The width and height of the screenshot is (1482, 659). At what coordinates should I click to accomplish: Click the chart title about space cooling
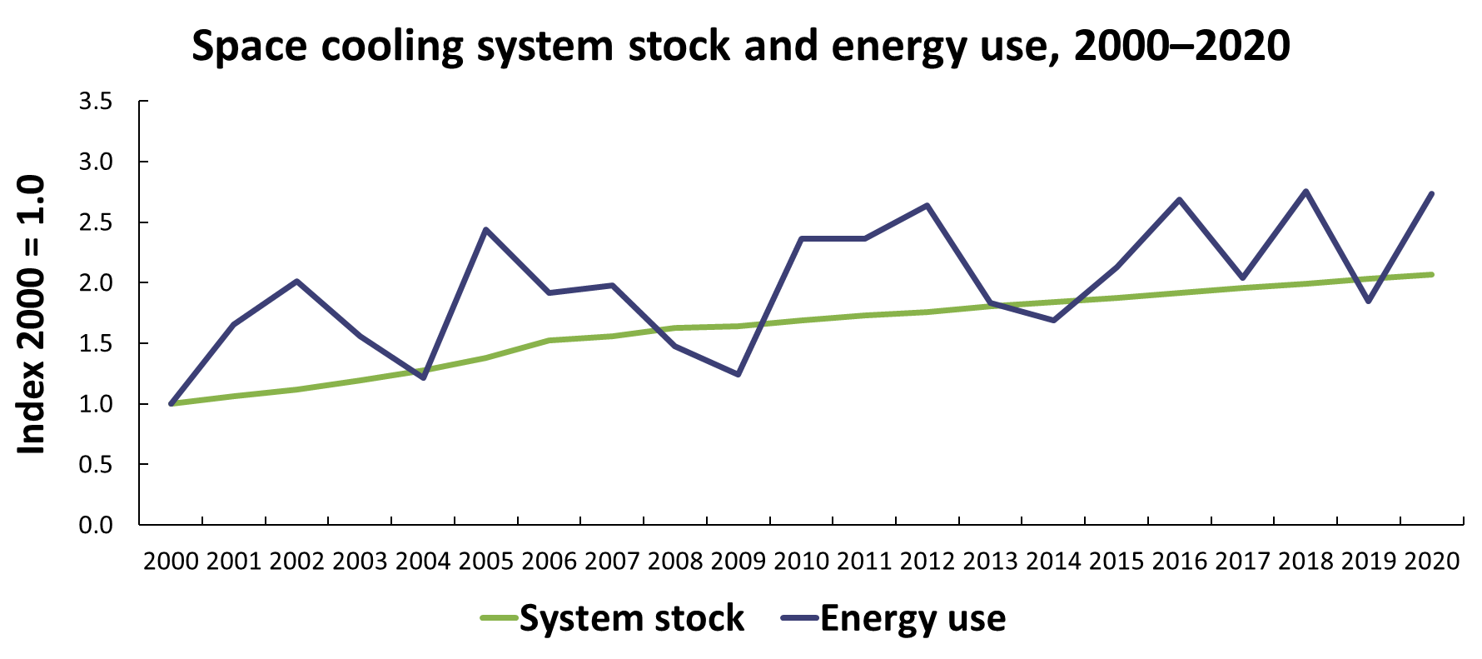coord(741,46)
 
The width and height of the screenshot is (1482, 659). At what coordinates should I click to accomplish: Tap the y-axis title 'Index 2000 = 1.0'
coord(32,315)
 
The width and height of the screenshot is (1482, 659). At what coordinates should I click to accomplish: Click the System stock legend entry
coord(613,618)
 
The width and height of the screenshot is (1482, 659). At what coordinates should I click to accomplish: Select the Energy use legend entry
coord(893,618)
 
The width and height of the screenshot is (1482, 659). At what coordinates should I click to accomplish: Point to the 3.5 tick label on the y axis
coord(95,102)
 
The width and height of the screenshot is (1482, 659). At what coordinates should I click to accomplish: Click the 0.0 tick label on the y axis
coord(95,525)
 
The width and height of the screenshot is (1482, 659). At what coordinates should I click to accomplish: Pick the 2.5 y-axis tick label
coord(95,222)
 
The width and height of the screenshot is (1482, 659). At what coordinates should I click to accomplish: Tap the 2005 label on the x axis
coord(486,561)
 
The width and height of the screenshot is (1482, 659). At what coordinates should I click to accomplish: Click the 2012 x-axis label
coord(927,561)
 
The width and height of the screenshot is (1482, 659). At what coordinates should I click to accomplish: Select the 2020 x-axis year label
coord(1432,561)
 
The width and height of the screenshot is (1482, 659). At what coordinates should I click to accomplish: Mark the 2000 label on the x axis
coord(171,561)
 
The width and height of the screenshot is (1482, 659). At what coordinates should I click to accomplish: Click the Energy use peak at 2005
coord(485,229)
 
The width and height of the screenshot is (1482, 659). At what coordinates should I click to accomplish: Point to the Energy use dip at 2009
coord(738,374)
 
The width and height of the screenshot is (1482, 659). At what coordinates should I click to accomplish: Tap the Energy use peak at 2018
coord(1305,192)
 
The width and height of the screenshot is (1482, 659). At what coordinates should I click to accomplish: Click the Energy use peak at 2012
coord(927,205)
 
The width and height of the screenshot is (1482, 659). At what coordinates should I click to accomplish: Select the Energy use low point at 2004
coord(423,377)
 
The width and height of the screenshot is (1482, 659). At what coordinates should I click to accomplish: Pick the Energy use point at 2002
coord(296,282)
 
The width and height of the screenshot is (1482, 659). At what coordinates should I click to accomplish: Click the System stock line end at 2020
coord(1431,274)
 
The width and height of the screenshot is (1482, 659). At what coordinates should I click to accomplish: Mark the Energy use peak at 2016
coord(1179,200)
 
